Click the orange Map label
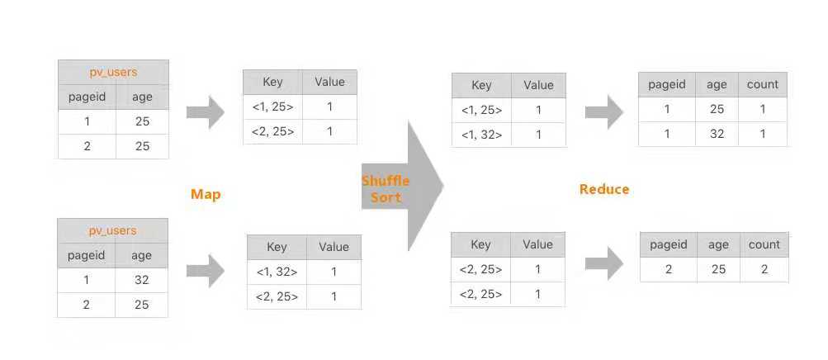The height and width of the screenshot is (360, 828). coord(206,194)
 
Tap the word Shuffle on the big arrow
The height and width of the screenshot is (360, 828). coord(386,181)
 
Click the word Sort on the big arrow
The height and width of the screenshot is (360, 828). coord(386,197)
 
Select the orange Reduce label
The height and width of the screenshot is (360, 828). coord(604,190)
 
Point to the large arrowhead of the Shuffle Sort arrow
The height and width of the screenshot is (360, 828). coord(425,185)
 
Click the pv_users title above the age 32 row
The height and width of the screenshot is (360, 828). coord(112,230)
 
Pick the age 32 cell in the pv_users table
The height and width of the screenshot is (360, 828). coord(141,280)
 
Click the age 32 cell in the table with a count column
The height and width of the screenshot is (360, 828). coord(717,134)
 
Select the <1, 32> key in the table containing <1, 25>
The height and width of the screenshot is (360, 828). coord(481,135)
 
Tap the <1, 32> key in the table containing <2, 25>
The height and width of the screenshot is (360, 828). coord(277,272)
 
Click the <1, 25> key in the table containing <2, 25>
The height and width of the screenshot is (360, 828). coord(272,107)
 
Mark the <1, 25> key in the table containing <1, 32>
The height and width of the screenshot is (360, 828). coord(481,111)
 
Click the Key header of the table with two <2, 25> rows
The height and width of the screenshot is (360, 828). coord(480,244)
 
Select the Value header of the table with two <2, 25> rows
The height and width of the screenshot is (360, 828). coord(537,244)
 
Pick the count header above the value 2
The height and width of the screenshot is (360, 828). coord(764,244)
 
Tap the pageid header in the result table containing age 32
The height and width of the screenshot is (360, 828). coord(666,84)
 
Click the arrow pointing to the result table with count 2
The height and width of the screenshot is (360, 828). coord(604,263)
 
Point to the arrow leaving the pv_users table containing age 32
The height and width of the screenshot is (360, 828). coord(206,271)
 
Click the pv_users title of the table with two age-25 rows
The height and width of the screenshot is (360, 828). coord(113,73)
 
